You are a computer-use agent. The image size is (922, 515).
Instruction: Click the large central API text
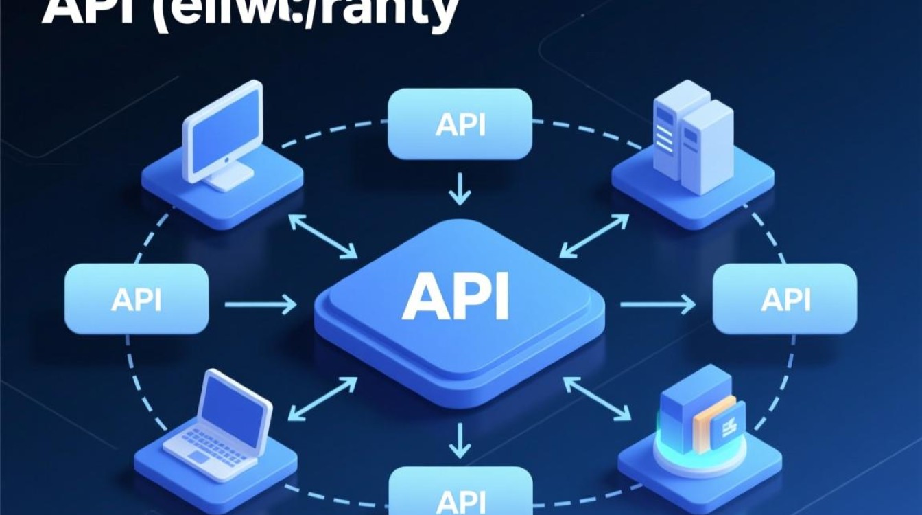pos(456,297)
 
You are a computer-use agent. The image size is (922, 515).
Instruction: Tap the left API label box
pos(136,299)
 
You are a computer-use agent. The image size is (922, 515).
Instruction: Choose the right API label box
pos(785,299)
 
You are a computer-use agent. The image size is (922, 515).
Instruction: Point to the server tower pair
pos(693,141)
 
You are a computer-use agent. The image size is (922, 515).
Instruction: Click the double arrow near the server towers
pos(594,235)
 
